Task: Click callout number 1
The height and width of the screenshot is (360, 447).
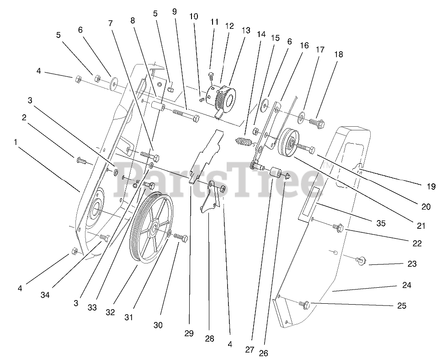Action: (x=16, y=142)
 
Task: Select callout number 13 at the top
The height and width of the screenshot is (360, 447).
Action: (x=246, y=31)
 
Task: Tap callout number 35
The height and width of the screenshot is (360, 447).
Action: (x=381, y=224)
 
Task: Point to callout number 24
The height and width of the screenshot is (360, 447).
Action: (x=407, y=285)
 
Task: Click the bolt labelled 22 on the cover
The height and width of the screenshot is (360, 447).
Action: (x=338, y=226)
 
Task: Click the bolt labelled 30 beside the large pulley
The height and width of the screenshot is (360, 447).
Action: (x=180, y=238)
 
